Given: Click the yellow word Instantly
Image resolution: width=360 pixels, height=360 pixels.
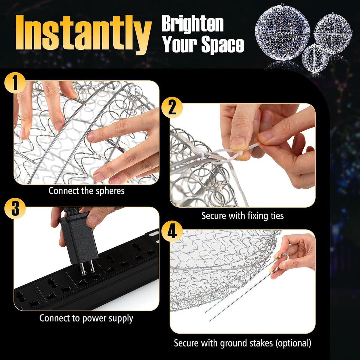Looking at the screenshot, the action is click(83, 34).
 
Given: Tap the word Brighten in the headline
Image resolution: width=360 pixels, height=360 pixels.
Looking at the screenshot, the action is click(193, 24).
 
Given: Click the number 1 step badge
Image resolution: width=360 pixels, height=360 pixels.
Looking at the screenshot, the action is click(15, 83).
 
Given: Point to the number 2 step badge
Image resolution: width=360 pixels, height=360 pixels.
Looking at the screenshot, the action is click(172, 108).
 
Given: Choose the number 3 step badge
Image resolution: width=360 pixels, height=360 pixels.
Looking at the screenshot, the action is click(15, 209).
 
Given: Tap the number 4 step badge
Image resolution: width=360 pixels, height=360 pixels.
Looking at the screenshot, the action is click(172, 232).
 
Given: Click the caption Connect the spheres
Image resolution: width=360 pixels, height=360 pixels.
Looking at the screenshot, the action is click(86, 191).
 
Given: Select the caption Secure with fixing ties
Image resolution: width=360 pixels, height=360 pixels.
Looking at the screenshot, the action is click(242, 216).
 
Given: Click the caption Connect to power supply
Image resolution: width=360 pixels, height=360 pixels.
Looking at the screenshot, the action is click(86, 318).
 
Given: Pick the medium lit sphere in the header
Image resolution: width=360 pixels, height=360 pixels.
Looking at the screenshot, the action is click(333, 34).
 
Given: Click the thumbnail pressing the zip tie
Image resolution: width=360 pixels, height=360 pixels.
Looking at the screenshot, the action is click(243, 155).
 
